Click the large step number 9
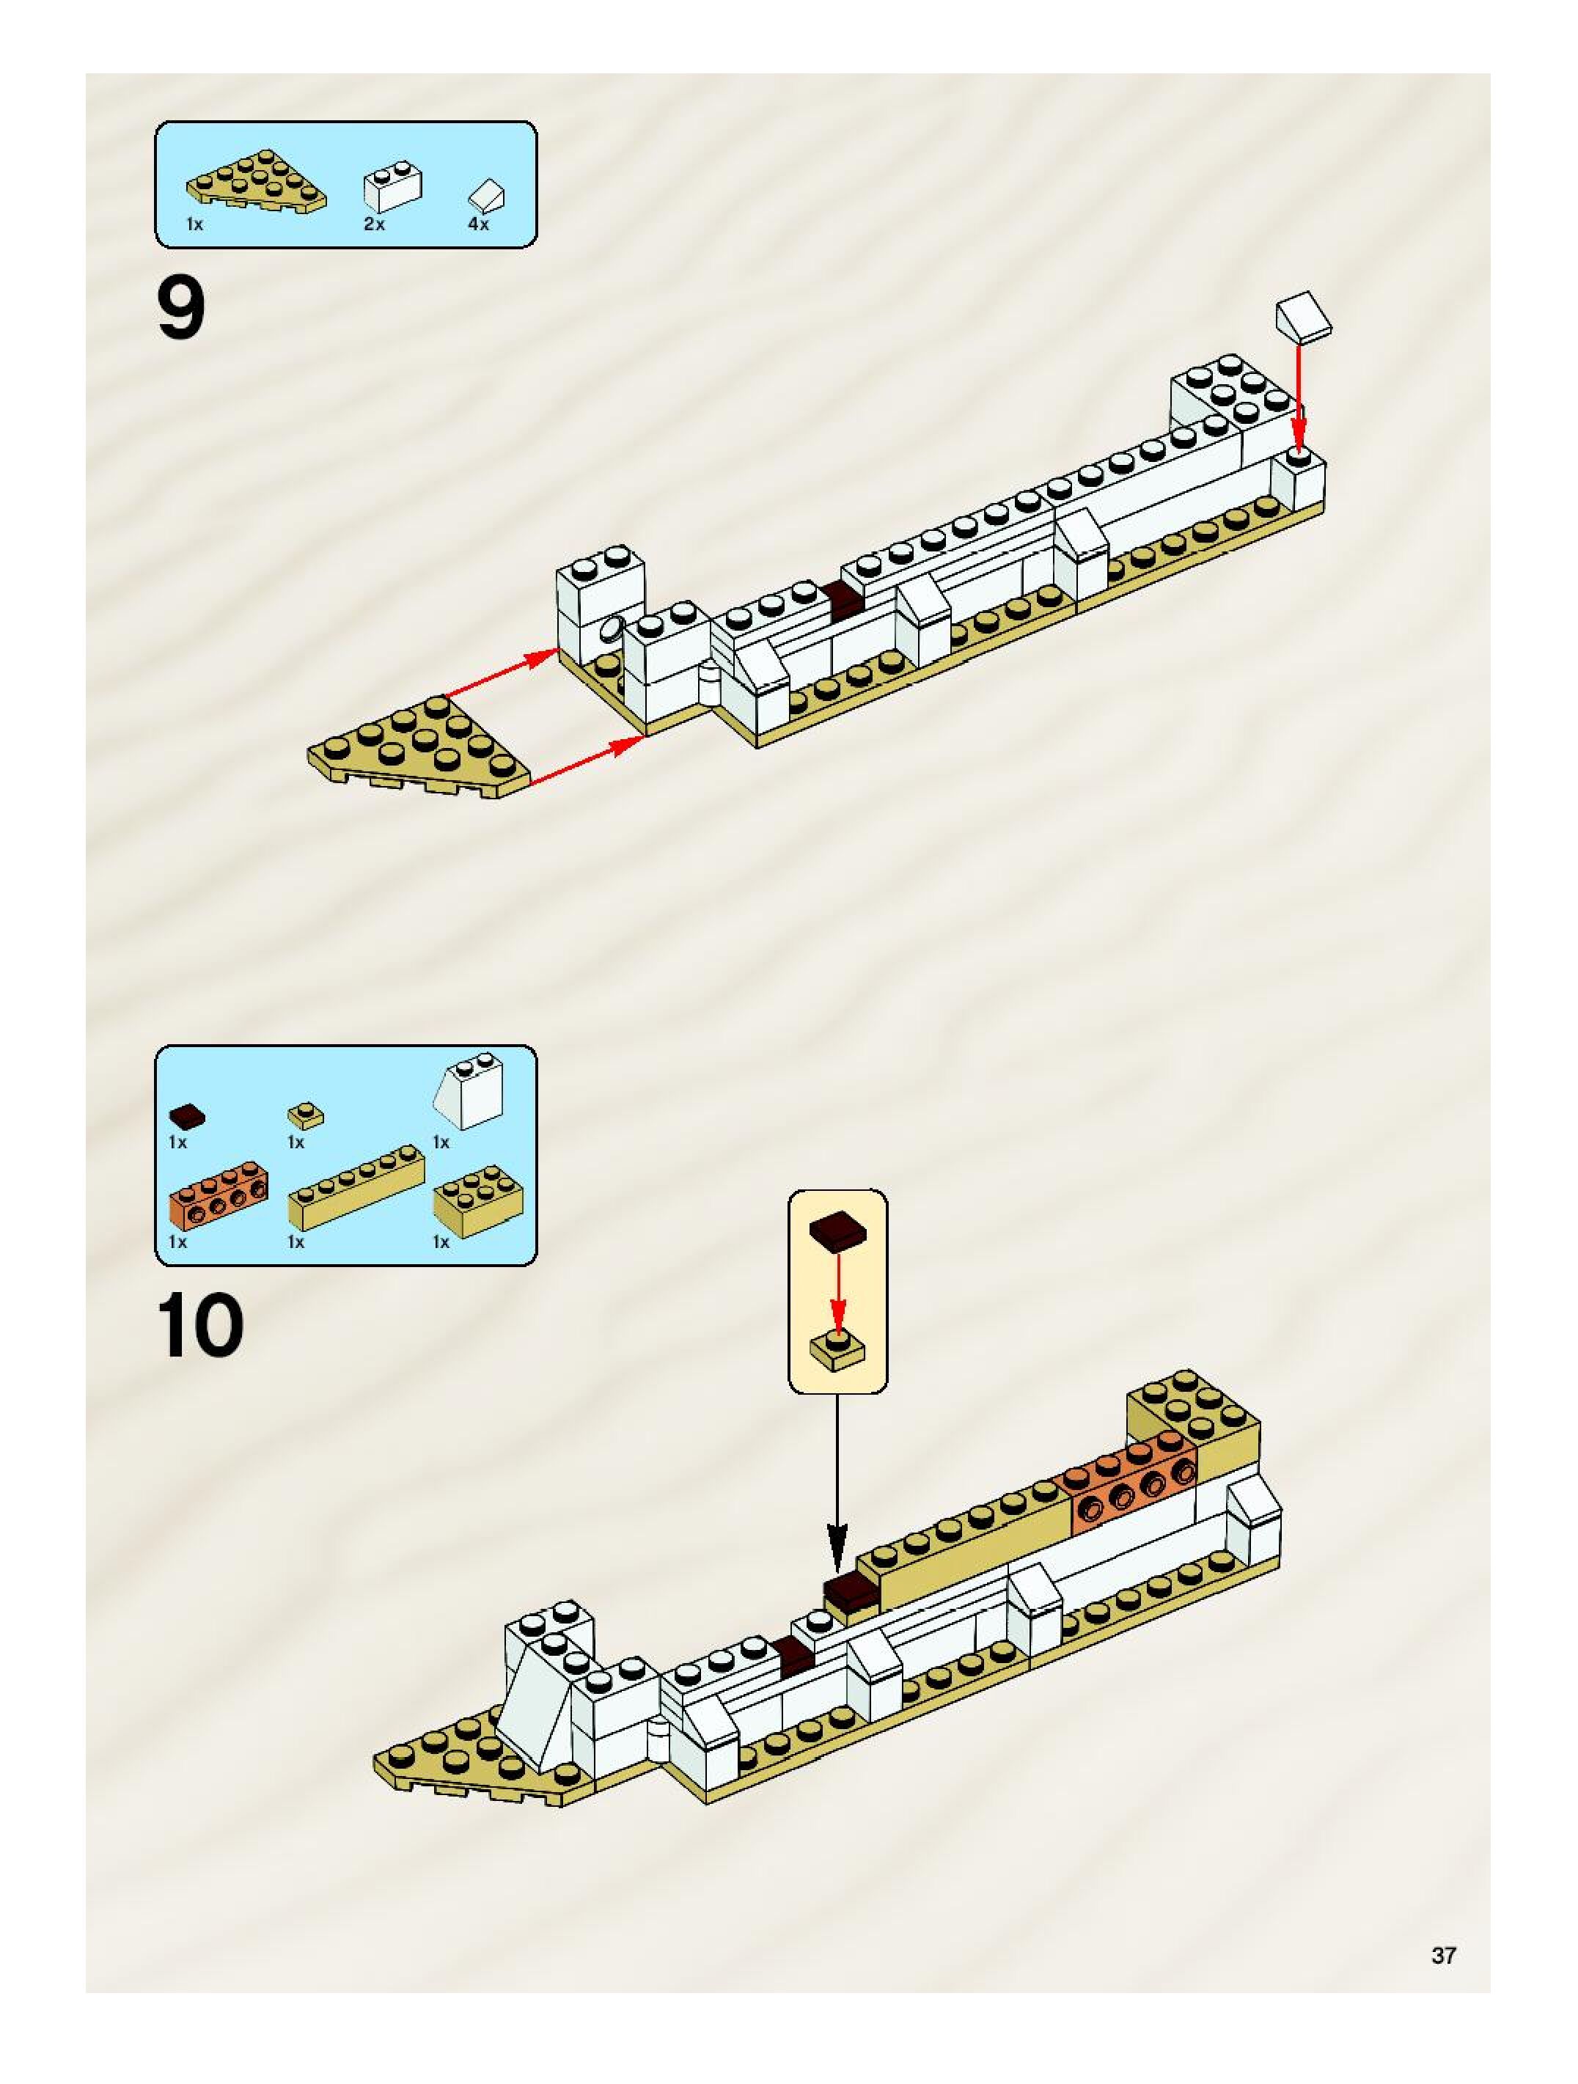181,311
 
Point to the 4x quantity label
479,224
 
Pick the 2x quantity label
374,224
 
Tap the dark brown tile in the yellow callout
837,1234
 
